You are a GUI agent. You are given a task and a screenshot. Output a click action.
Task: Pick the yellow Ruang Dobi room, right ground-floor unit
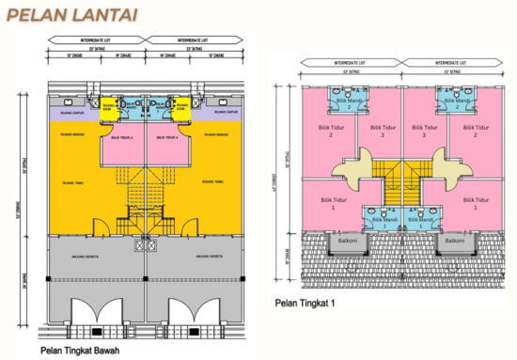point(184,108)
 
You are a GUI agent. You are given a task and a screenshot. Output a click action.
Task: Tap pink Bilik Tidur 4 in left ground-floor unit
point(120,137)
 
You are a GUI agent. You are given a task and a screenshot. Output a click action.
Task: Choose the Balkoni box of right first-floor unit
point(455,241)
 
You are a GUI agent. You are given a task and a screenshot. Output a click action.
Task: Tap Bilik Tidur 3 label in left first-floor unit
point(379,131)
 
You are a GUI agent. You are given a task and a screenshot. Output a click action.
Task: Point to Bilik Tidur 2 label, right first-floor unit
point(479,131)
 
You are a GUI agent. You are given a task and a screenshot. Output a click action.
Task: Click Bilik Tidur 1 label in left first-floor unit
point(327,201)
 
